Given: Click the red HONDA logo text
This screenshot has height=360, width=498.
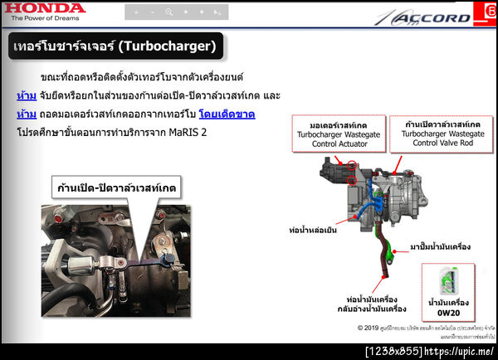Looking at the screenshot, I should [43, 8].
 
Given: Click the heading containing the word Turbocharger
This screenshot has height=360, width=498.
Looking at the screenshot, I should [115, 46].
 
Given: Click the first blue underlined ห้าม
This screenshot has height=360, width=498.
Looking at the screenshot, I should [26, 95].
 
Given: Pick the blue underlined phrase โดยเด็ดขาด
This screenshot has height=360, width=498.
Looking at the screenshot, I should [227, 114].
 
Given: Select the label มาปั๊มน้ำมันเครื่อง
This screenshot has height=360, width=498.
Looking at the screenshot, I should [441, 246].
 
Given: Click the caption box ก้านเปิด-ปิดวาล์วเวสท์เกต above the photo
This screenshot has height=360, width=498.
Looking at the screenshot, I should [115, 186].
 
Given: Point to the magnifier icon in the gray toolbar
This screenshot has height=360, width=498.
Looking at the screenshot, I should [168, 12].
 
